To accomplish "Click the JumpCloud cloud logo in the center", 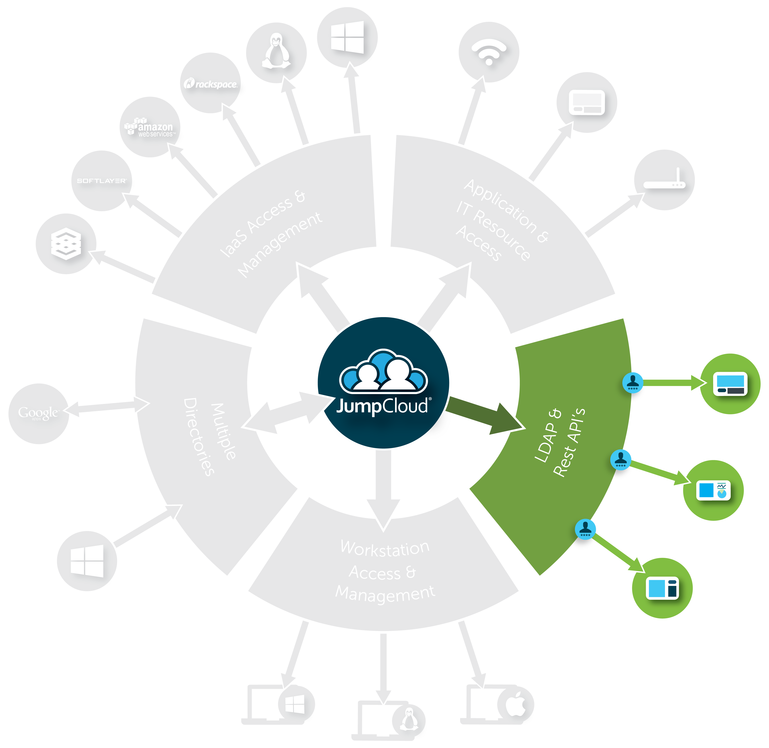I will [x=383, y=371].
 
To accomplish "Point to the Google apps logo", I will [x=38, y=413].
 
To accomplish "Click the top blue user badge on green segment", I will [x=633, y=382].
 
